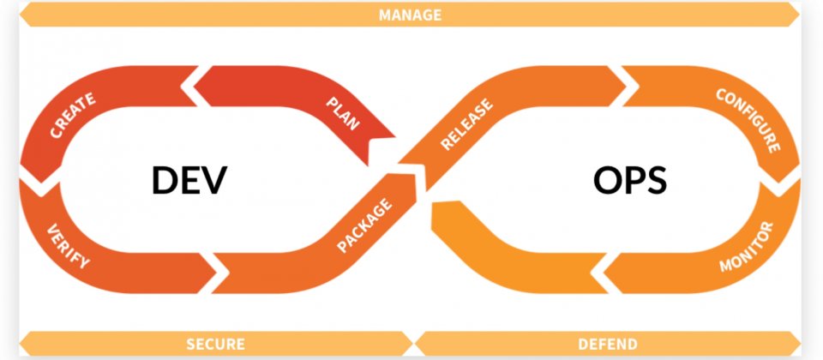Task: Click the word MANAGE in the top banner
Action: click(x=410, y=15)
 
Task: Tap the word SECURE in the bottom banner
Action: click(x=215, y=345)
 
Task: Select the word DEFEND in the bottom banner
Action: click(x=607, y=345)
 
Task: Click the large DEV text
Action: click(x=189, y=181)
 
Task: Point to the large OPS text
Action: click(x=629, y=181)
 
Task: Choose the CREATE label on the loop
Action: click(x=72, y=116)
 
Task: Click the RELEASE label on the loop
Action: click(x=466, y=125)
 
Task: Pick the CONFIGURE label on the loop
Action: click(x=748, y=119)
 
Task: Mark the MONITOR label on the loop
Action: click(x=746, y=249)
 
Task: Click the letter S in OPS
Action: click(x=656, y=181)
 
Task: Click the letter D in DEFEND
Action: click(x=582, y=345)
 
